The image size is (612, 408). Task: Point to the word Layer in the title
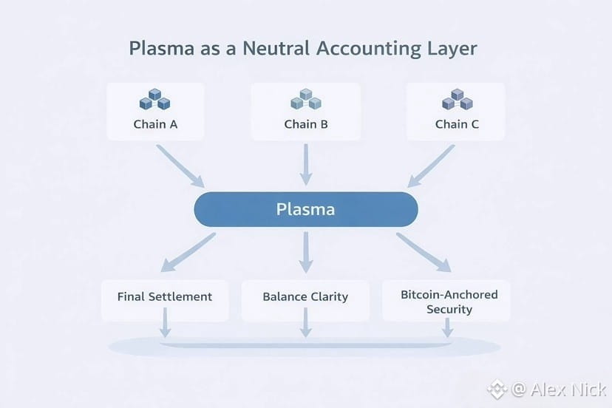click(x=451, y=49)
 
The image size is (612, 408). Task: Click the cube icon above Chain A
click(x=155, y=100)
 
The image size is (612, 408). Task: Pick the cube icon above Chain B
click(x=305, y=100)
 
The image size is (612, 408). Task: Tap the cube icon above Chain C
click(x=456, y=100)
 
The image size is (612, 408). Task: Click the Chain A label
click(x=155, y=123)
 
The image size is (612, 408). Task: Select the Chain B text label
click(x=305, y=123)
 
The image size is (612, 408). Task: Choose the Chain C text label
click(x=456, y=123)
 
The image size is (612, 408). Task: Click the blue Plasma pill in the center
click(x=305, y=209)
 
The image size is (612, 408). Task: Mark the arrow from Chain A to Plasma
click(x=181, y=166)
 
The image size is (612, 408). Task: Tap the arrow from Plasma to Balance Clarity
click(x=305, y=251)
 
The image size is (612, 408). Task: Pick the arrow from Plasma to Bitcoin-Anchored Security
click(x=423, y=251)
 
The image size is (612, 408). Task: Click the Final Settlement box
click(x=164, y=297)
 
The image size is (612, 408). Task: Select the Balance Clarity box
click(x=305, y=297)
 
